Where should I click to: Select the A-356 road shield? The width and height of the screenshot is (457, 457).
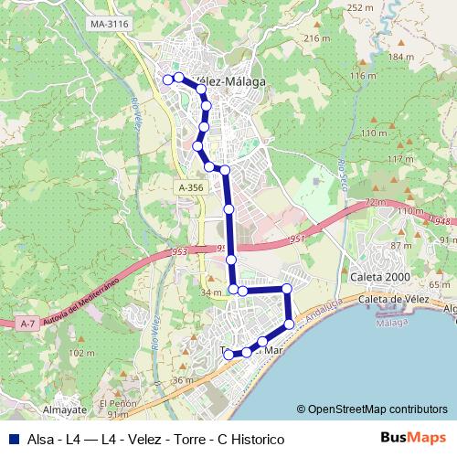point(191,187)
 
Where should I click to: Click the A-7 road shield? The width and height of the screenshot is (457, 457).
point(27,323)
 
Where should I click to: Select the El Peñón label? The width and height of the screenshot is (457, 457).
point(117,403)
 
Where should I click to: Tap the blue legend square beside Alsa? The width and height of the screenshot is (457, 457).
point(13,440)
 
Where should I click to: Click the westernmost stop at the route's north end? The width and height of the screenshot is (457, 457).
point(167,80)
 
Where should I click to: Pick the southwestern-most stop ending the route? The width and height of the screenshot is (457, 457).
point(228,354)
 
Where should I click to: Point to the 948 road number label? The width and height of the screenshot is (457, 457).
point(442,221)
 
